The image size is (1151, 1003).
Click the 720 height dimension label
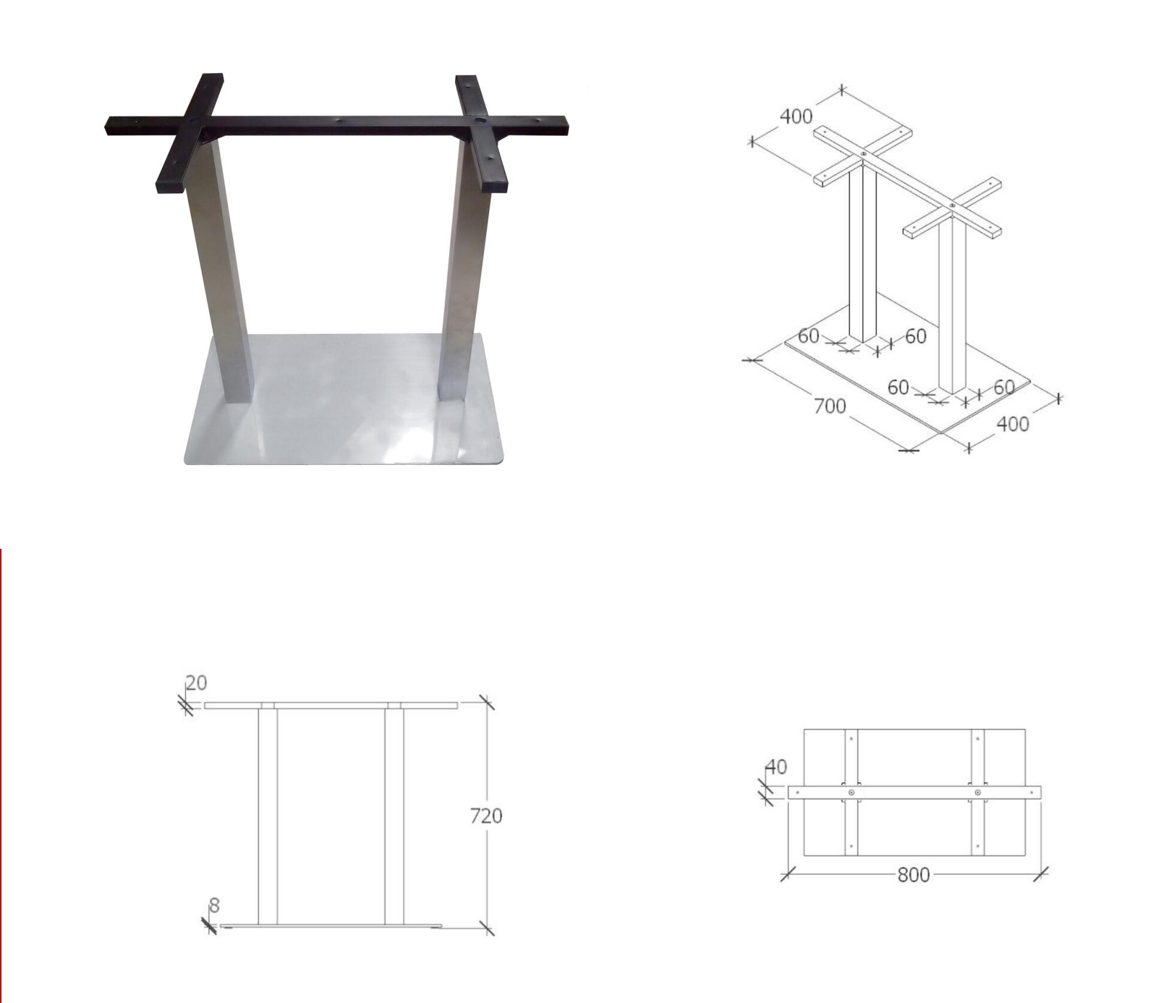point(486,815)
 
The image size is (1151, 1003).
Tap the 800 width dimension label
point(914,875)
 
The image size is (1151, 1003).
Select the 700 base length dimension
point(830,406)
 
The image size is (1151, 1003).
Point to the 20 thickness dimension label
point(196,682)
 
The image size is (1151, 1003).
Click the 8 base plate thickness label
point(214,905)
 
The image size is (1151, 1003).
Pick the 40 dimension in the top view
point(776,767)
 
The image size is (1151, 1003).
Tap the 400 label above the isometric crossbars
point(796,116)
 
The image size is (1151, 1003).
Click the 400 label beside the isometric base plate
point(1013,424)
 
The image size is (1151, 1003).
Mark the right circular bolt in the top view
point(978,793)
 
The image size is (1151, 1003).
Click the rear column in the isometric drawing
point(863,255)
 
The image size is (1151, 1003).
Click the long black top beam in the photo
point(336,125)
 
